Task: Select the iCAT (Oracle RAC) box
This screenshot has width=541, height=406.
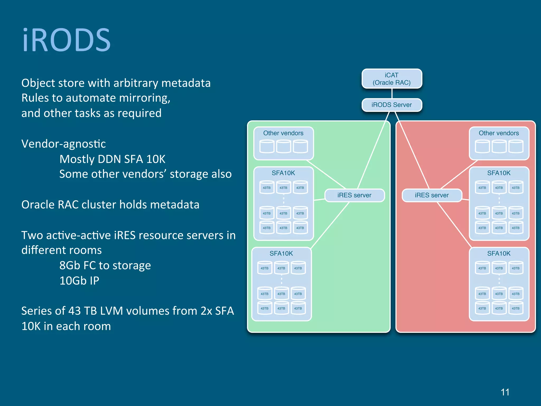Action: pyautogui.click(x=392, y=79)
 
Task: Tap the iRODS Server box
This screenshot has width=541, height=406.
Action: pyautogui.click(x=392, y=105)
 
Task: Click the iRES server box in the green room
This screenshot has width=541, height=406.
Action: pyautogui.click(x=355, y=195)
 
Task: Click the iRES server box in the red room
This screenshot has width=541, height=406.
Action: pyautogui.click(x=432, y=195)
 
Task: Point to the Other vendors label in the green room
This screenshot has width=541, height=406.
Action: pyautogui.click(x=283, y=133)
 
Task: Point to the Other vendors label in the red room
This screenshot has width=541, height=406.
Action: pyautogui.click(x=499, y=133)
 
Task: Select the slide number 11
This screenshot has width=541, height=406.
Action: pyautogui.click(x=505, y=392)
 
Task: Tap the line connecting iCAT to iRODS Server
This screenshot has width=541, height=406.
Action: pyautogui.click(x=392, y=93)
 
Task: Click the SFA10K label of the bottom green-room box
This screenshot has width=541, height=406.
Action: pyautogui.click(x=281, y=253)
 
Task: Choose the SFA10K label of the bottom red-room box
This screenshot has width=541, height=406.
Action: pyautogui.click(x=499, y=253)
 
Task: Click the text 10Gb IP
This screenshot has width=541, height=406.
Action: pyautogui.click(x=79, y=281)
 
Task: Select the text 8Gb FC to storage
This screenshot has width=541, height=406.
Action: pyautogui.click(x=105, y=265)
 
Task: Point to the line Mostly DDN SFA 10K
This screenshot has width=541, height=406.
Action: pyautogui.click(x=112, y=159)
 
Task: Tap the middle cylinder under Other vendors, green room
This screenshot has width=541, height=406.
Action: pyautogui.click(x=283, y=146)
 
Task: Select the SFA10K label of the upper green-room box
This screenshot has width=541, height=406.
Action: pyautogui.click(x=283, y=173)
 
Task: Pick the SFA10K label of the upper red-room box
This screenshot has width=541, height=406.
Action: pyautogui.click(x=499, y=173)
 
